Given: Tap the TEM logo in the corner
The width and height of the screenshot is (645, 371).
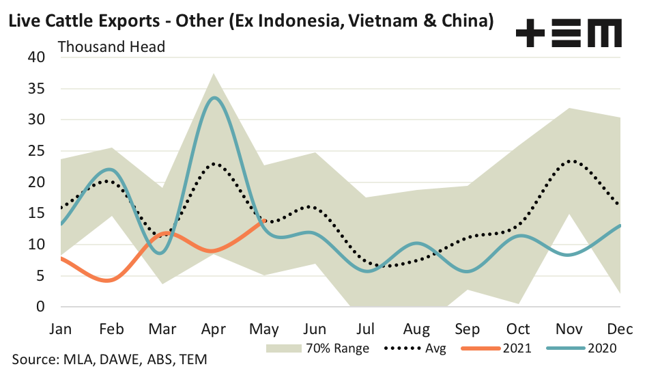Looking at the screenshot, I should click(x=569, y=33).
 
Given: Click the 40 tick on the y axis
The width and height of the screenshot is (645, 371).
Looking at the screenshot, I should click(x=35, y=57).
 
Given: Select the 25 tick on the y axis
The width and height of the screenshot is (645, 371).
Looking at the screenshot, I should click(x=35, y=151).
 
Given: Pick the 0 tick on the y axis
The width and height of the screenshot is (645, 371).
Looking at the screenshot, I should click(x=40, y=307).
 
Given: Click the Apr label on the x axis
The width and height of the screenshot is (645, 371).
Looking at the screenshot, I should click(x=213, y=329).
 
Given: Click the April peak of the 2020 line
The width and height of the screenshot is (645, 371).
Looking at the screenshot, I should click(x=214, y=98).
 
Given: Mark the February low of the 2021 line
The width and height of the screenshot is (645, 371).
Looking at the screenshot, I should click(x=111, y=280).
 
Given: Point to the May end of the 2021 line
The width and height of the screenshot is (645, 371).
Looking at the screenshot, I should click(x=264, y=220).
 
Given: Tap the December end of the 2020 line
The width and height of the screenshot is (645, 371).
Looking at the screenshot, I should click(x=620, y=225).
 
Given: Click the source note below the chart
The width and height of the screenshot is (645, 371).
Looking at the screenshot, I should click(x=109, y=359).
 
